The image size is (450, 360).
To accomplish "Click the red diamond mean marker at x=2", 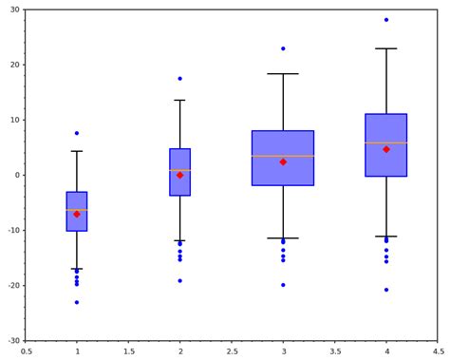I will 180,175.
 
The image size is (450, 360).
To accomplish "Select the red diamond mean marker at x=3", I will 283,161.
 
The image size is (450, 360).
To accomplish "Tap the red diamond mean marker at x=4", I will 386,149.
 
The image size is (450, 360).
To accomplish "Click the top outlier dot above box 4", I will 386,20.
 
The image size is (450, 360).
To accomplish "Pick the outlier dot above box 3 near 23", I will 283,48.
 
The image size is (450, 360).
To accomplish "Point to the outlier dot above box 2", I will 180,79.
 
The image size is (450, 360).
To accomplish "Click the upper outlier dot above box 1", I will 77,133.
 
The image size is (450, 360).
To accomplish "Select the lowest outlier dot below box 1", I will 77,302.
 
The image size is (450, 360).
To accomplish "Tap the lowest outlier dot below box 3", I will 283,285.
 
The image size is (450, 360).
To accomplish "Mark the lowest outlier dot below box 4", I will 386,290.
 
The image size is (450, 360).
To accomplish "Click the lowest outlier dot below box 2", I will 180,280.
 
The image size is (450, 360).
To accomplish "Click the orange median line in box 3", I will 283,156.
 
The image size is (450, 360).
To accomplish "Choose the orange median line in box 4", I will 386,143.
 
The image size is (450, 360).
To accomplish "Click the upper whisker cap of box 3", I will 283,74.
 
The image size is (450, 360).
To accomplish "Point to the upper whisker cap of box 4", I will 386,48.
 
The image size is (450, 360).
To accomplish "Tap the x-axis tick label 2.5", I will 232,351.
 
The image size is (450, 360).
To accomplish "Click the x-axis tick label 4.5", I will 438,351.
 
